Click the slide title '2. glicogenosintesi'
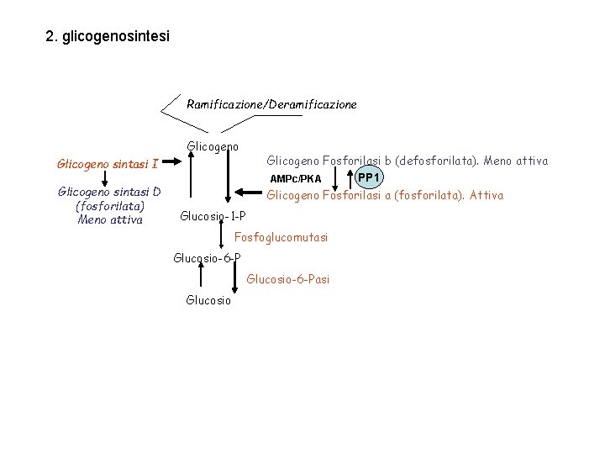(107, 37)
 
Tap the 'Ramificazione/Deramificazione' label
(271, 104)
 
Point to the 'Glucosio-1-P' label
(213, 217)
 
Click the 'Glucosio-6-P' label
(207, 258)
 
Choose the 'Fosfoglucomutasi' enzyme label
(281, 238)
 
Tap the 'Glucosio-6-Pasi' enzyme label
(287, 279)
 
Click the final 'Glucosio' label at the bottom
(208, 299)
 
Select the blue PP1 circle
(369, 177)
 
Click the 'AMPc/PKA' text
(295, 178)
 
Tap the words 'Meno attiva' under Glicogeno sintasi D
(110, 220)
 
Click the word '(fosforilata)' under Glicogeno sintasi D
(110, 206)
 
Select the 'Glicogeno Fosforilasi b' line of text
(407, 161)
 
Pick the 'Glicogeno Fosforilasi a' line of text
(385, 195)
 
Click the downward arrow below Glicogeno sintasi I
(106, 177)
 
